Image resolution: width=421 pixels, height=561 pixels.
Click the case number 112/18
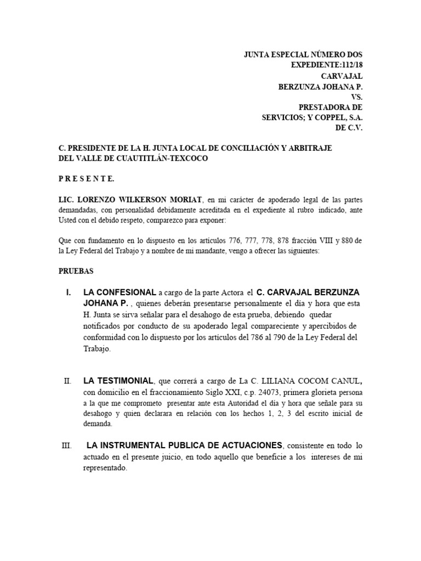pyautogui.click(x=351, y=66)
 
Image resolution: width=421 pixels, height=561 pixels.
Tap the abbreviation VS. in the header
pyautogui.click(x=356, y=97)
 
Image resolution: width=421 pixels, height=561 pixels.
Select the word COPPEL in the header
pyautogui.click(x=320, y=118)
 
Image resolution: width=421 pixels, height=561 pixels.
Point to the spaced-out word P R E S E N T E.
pyautogui.click(x=86, y=179)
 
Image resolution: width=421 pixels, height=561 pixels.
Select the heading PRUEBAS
pyautogui.click(x=76, y=271)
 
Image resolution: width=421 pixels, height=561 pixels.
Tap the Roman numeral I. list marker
pyautogui.click(x=69, y=292)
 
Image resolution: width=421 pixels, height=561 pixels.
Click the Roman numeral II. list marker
pyautogui.click(x=67, y=381)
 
